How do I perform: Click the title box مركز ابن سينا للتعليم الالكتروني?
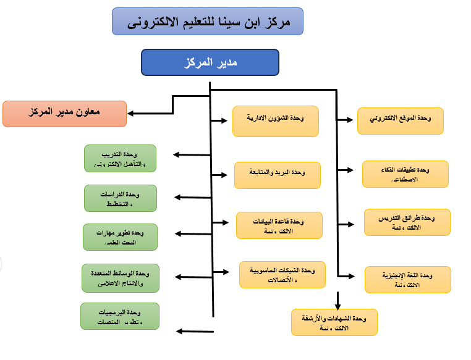coord(208,21)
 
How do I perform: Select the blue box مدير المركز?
coord(210,62)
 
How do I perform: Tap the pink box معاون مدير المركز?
coord(65,114)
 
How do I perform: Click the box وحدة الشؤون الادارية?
coord(276,120)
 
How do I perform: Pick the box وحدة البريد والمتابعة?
coord(278,175)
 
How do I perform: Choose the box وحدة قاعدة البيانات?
coord(279,225)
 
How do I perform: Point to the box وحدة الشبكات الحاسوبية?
coord(282,274)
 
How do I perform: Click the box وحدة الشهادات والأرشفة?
coord(334,322)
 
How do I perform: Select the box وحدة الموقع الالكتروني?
coord(401,120)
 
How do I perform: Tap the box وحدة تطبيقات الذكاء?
coord(405,174)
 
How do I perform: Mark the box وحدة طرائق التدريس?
coord(407,222)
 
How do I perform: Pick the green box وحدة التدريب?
coord(121,158)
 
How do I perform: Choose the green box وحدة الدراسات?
coord(121,198)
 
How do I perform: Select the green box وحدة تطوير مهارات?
coord(121,237)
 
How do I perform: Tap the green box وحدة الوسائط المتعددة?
coord(121,277)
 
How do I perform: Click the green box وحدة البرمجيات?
coord(120,316)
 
